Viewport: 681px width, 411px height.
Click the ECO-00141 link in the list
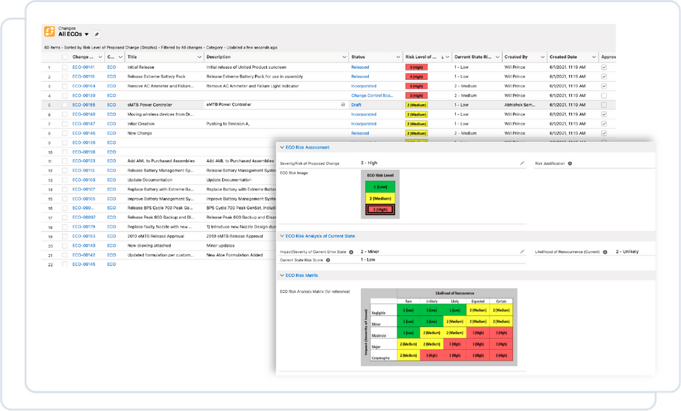pos(83,67)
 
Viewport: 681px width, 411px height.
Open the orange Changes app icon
pos(49,32)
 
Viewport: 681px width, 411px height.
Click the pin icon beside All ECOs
pos(96,34)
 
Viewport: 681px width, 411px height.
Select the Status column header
pos(358,57)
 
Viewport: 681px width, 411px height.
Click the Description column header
pos(218,57)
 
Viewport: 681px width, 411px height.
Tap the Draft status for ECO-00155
pos(356,105)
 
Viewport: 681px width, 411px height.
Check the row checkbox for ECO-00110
pos(65,76)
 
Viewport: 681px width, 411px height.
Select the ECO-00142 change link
pos(83,255)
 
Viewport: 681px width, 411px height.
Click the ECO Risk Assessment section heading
pos(307,148)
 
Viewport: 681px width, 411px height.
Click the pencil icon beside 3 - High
pos(522,163)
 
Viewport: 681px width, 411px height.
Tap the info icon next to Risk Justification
pos(569,163)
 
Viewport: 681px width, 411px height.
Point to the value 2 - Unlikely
pos(627,252)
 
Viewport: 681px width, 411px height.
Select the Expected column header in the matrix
pos(477,302)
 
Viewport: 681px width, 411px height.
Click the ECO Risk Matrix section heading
pos(302,275)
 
